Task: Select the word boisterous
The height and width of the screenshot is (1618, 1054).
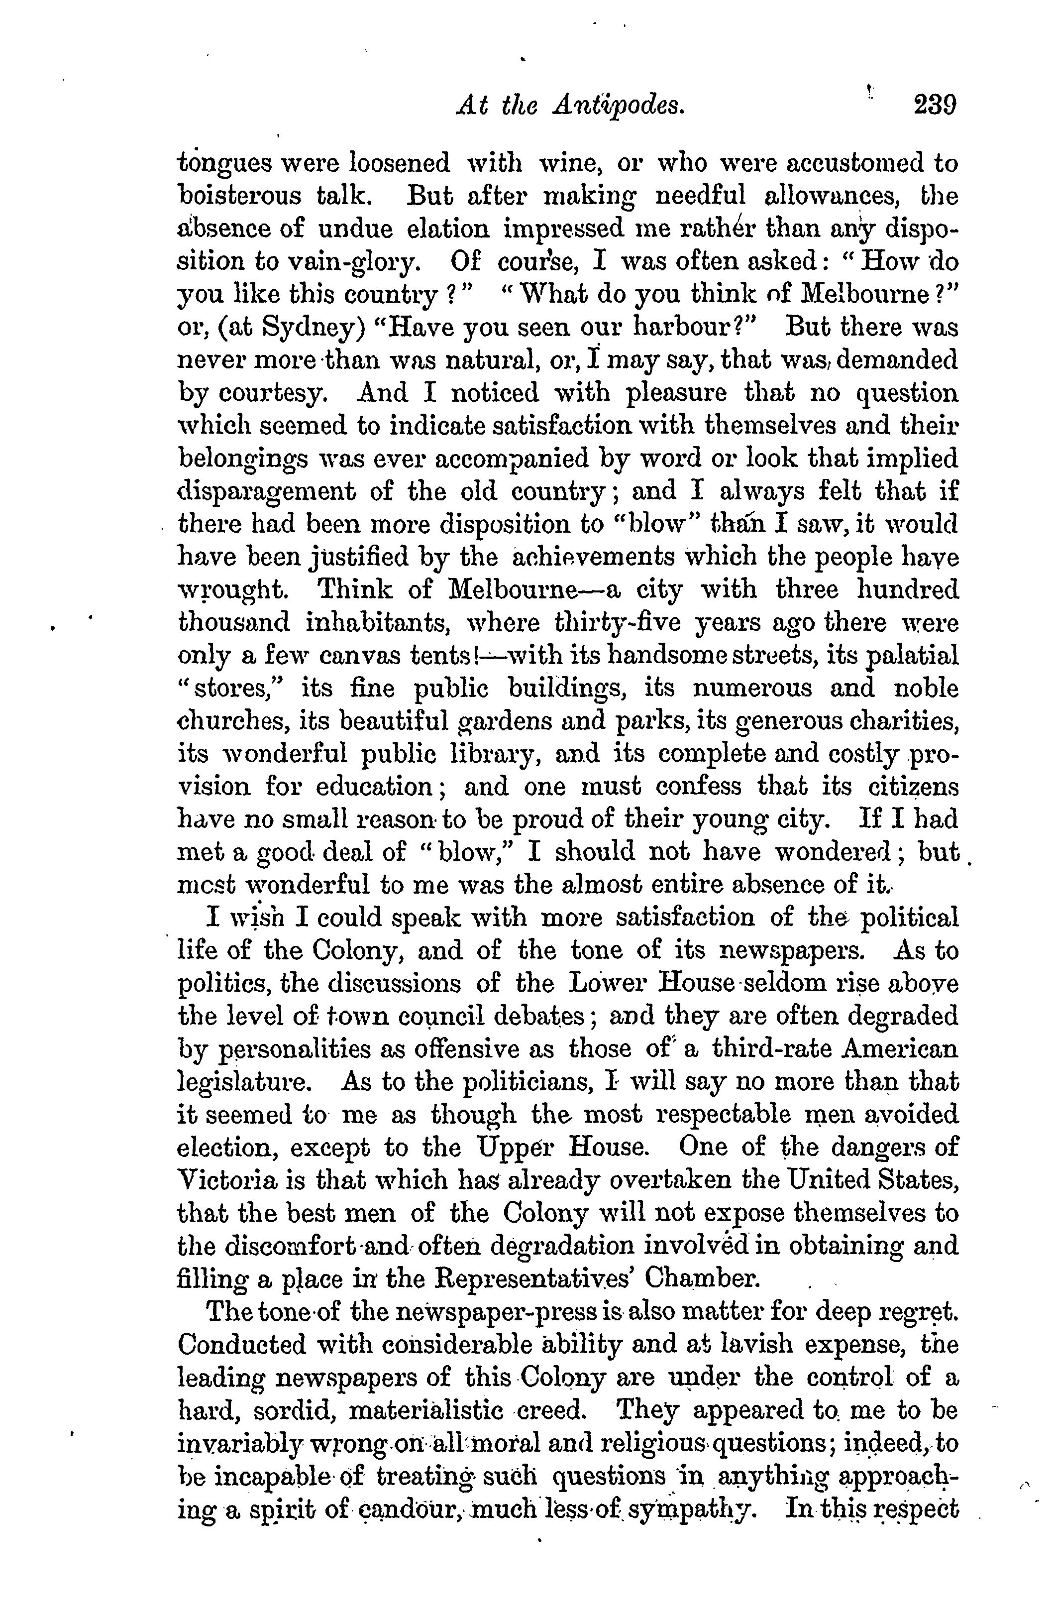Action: pyautogui.click(x=240, y=195)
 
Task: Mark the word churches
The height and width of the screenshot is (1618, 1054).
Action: pyautogui.click(x=231, y=720)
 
